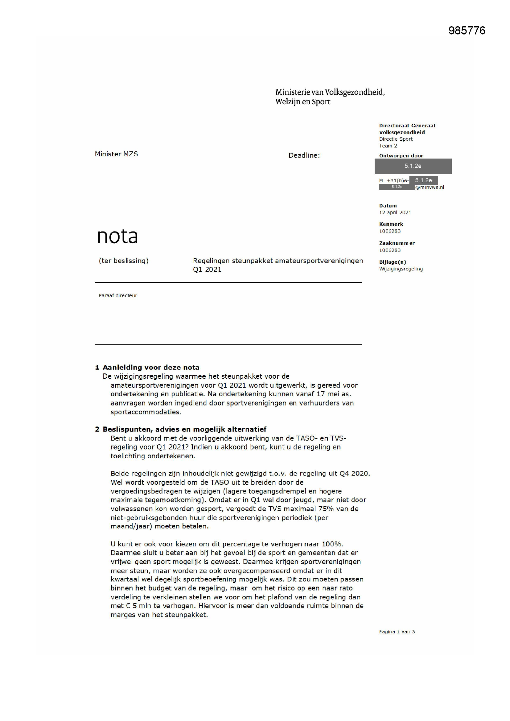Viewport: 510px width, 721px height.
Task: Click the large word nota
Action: (x=117, y=236)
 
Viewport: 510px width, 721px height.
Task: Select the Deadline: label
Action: (x=304, y=155)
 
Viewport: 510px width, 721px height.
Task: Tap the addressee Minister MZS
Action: (x=116, y=154)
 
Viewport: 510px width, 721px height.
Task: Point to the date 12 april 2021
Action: (x=395, y=212)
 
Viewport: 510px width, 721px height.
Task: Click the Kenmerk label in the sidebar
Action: (x=391, y=224)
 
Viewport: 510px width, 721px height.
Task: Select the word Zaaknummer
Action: (x=397, y=243)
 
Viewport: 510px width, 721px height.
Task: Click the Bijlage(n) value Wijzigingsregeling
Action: (x=401, y=269)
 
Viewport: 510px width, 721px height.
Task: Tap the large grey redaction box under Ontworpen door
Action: (x=413, y=166)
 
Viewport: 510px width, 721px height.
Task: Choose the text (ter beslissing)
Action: (x=123, y=261)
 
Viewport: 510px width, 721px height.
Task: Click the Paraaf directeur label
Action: (x=118, y=295)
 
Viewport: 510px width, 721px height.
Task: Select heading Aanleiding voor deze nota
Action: (x=151, y=367)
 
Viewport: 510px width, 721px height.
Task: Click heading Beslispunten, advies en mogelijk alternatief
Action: (x=184, y=429)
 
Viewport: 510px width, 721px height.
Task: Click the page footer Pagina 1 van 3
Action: (x=397, y=632)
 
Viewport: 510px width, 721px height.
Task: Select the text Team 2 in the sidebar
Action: (x=388, y=146)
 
